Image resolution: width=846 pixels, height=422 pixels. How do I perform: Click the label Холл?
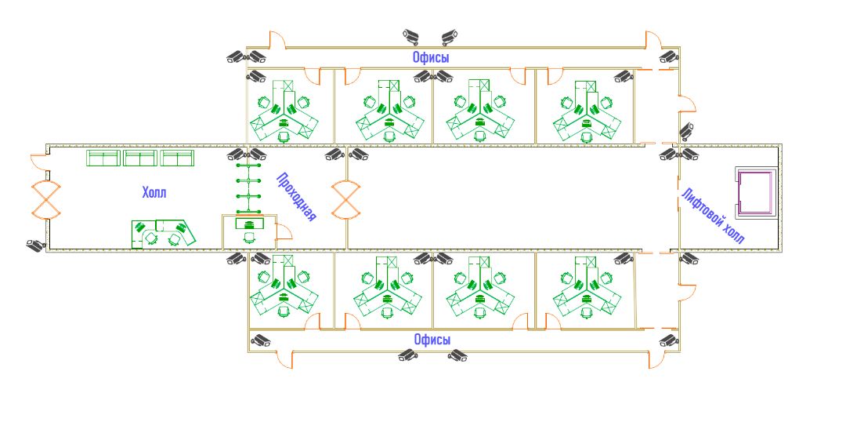pyautogui.click(x=154, y=192)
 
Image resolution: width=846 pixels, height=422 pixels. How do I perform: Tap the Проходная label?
pyautogui.click(x=296, y=197)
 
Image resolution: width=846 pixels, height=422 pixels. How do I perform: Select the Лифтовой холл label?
pyautogui.click(x=712, y=216)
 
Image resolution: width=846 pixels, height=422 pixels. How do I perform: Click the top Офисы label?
pyautogui.click(x=431, y=57)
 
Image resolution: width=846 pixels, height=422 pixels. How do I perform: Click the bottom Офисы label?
pyautogui.click(x=432, y=340)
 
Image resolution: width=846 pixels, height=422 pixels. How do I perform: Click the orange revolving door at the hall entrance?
pyautogui.click(x=45, y=199)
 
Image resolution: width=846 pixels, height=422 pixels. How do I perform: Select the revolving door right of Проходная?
pyautogui.click(x=345, y=200)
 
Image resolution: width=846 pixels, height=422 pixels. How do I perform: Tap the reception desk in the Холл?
pyautogui.click(x=163, y=234)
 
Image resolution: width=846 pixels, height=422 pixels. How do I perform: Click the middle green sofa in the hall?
pyautogui.click(x=140, y=158)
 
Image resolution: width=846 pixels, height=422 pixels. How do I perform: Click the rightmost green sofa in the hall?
pyautogui.click(x=177, y=158)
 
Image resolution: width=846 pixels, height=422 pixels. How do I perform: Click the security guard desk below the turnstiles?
pyautogui.click(x=250, y=224)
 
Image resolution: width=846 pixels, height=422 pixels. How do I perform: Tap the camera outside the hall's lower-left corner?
pyautogui.click(x=34, y=245)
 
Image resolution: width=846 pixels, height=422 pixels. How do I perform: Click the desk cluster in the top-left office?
pyautogui.click(x=284, y=114)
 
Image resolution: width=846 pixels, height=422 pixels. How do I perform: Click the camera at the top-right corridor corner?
pyautogui.click(x=668, y=56)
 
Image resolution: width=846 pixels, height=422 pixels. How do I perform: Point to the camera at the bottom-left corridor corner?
pyautogui.click(x=259, y=340)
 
